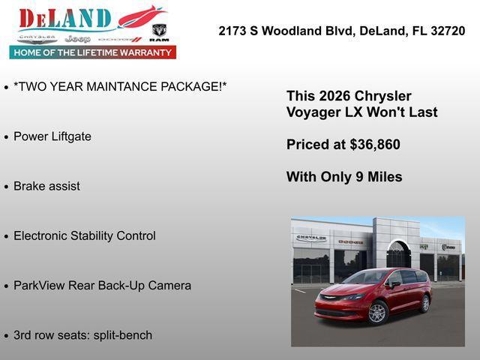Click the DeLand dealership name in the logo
click(x=65, y=19)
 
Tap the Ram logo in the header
click(x=159, y=32)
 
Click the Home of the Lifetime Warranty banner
click(x=92, y=52)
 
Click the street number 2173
click(x=232, y=31)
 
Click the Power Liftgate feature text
click(x=52, y=136)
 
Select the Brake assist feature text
click(x=46, y=186)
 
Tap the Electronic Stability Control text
click(x=85, y=235)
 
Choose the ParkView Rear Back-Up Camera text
click(x=102, y=286)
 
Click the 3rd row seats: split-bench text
click(x=82, y=335)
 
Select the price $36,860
click(x=375, y=145)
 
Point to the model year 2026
click(x=334, y=96)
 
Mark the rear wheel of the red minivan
click(x=425, y=304)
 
